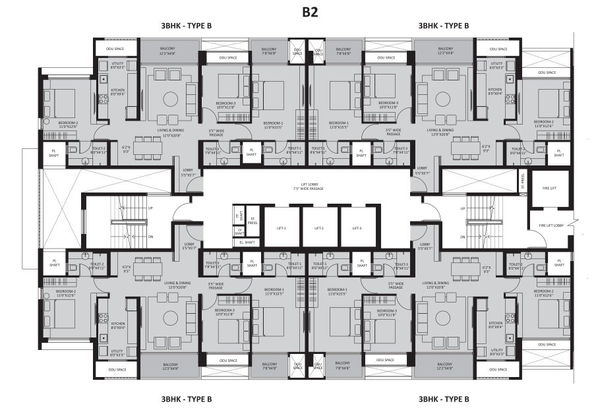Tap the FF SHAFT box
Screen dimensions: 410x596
[239, 213]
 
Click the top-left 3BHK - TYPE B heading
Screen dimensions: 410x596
[181, 26]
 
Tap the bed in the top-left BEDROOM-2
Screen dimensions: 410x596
[64, 103]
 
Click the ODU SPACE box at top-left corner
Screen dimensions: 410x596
[116, 49]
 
